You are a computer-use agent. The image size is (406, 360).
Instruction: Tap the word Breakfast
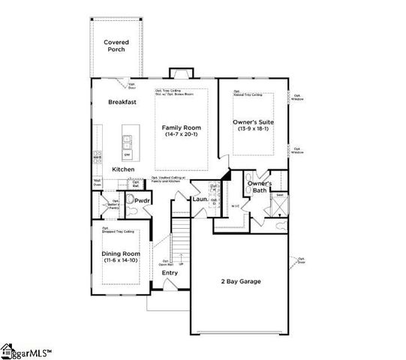pos(122,102)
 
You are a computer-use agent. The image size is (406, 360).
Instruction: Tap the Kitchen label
pos(123,169)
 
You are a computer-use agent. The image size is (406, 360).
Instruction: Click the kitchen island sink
pos(127,139)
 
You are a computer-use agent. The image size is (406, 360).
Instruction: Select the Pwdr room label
pos(143,201)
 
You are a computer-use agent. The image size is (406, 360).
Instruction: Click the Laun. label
pos(200,199)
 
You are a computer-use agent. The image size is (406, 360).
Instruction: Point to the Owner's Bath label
pos(259,187)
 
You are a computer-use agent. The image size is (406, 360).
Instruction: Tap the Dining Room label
pos(121,253)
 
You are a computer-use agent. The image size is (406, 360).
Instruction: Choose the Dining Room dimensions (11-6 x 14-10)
pos(121,261)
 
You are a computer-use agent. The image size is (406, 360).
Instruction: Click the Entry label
pos(170,272)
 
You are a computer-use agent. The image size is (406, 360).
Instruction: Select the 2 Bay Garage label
pos(240,281)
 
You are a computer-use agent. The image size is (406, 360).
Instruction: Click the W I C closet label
pos(235,206)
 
